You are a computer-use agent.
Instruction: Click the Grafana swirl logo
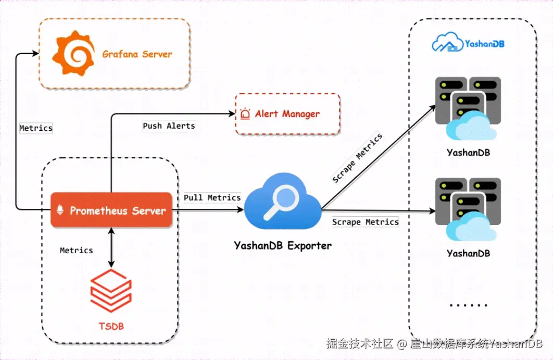[73, 53]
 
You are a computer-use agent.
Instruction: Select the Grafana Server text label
[137, 54]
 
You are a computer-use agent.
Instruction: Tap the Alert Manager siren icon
[245, 114]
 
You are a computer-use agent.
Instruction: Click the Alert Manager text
[287, 114]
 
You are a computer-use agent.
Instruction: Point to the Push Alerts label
[169, 126]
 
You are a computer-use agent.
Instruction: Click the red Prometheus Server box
[111, 210]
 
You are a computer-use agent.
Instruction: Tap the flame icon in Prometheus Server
[60, 210]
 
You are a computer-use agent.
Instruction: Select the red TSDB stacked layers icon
[111, 291]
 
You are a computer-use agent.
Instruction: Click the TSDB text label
[111, 326]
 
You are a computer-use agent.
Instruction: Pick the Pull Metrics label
[212, 197]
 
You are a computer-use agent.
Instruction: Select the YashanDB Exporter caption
[283, 246]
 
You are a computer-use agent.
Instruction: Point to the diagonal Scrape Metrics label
[357, 158]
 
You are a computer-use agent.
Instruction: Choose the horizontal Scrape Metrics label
[366, 222]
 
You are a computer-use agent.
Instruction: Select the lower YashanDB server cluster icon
[468, 209]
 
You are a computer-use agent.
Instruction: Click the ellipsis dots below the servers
[469, 305]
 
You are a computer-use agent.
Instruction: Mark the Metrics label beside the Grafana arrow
[36, 128]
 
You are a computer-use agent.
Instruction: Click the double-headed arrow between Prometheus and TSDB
[111, 247]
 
